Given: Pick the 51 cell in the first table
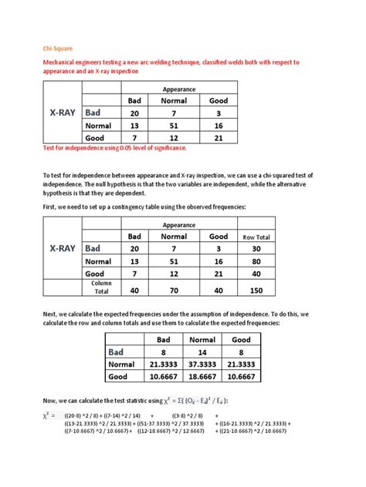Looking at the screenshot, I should click(x=174, y=126).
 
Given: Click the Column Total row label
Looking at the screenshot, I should click(x=101, y=287).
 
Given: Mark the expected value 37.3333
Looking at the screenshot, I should click(x=202, y=364).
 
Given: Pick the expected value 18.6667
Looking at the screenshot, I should click(x=202, y=378).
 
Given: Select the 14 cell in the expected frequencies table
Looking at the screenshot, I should click(x=202, y=352).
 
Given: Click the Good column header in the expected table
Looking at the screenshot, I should click(x=242, y=339).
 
